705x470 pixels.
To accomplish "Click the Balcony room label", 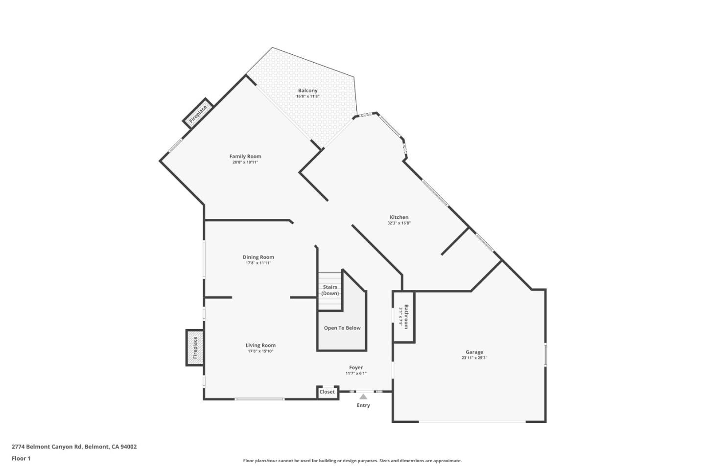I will tap(307, 91).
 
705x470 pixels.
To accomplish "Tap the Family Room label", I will tap(245, 157).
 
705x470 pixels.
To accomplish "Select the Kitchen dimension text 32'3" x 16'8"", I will tap(399, 223).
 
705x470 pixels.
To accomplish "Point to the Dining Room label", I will tap(258, 257).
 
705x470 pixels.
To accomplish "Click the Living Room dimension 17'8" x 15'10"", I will tap(260, 351).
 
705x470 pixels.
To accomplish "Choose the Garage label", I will tap(474, 352).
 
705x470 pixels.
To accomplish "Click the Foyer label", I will tap(356, 368).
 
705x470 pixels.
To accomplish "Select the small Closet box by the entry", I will tap(327, 392).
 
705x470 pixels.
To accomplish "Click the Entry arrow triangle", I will tap(363, 397).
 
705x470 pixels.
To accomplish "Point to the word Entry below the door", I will tap(363, 405).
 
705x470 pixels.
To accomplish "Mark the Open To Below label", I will tap(342, 328).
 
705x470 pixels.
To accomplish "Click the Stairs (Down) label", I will tap(330, 290).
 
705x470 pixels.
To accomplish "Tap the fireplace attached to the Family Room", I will tap(198, 114).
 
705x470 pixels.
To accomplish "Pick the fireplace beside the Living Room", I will tap(195, 348).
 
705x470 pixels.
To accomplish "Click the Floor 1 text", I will tap(21, 459).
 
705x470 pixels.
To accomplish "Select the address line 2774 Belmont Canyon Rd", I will tap(74, 446).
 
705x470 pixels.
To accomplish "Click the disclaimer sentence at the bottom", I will tap(352, 461).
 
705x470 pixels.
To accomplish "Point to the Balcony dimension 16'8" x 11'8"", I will tap(307, 96).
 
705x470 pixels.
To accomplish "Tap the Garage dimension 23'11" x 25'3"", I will tap(474, 358).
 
